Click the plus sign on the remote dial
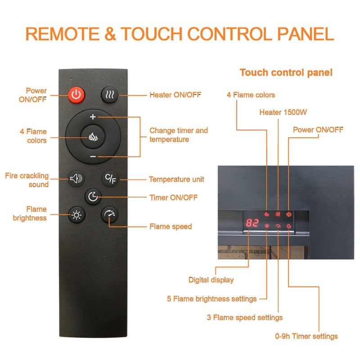pos(93,117)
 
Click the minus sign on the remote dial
pos(93,156)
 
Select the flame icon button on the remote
pos(93,137)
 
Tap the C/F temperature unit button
pos(110,179)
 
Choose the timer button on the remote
pos(93,196)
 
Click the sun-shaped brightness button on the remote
pos(76,214)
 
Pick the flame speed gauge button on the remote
pos(109,214)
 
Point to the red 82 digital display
pos(252,223)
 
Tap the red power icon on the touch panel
pos(288,214)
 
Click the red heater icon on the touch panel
pos(278,214)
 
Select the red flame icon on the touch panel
pos(267,214)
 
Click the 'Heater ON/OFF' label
pos(175,95)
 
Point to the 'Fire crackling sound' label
pos(27,180)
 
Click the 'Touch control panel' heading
pos(286,72)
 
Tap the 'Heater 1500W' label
pos(280,112)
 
